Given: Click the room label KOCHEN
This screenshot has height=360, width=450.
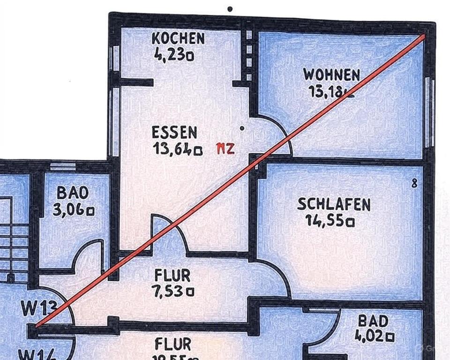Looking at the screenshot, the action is pyautogui.click(x=178, y=38).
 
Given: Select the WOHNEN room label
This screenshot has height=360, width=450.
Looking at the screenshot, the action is pyautogui.click(x=331, y=75).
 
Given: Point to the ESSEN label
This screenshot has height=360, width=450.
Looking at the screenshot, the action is pyautogui.click(x=174, y=133).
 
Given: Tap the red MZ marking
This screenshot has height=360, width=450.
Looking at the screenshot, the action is pyautogui.click(x=225, y=150).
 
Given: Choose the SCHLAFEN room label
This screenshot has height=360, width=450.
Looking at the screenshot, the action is pyautogui.click(x=334, y=204).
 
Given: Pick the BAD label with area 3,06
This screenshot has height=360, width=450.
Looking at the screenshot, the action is pyautogui.click(x=73, y=193).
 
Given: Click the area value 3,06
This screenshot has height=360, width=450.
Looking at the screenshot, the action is pyautogui.click(x=73, y=210).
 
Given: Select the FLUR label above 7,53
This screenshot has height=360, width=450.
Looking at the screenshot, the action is pyautogui.click(x=172, y=275).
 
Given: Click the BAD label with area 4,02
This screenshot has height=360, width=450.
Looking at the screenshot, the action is pyautogui.click(x=373, y=321).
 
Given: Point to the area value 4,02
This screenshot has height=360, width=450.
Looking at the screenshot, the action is pyautogui.click(x=374, y=336).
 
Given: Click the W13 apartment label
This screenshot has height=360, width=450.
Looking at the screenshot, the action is pyautogui.click(x=39, y=308).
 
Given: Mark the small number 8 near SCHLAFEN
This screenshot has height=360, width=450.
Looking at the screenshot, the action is pyautogui.click(x=414, y=184).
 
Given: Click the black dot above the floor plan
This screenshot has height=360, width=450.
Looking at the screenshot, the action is pyautogui.click(x=230, y=8).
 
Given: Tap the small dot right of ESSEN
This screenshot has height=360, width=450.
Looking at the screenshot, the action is pyautogui.click(x=242, y=127).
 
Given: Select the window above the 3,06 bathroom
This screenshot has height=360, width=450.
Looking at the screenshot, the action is pyautogui.click(x=63, y=166).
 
